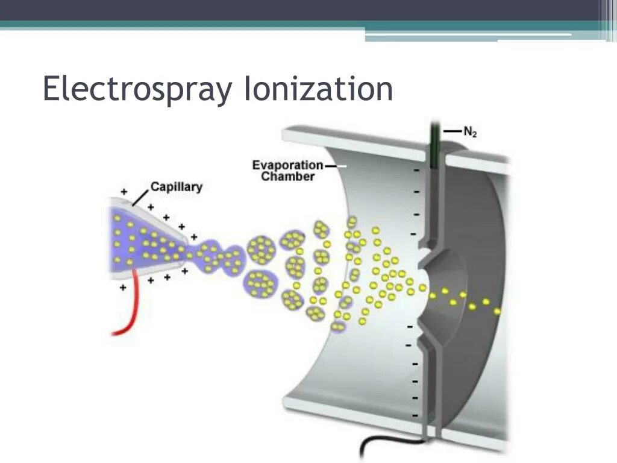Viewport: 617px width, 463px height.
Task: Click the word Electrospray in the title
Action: click(137, 89)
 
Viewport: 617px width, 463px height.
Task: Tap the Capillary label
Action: click(176, 187)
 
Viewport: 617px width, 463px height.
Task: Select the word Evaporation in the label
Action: click(287, 165)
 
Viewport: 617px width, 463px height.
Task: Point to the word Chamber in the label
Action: click(288, 177)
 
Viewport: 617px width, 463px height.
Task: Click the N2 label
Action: click(470, 132)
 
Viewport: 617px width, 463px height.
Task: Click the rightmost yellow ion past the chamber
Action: click(497, 311)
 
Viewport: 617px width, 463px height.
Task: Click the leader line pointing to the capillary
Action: click(140, 196)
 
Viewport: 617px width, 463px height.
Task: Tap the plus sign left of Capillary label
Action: click(124, 192)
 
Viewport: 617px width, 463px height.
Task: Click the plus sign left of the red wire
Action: click(123, 288)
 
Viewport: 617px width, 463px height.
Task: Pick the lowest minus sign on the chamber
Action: click(415, 416)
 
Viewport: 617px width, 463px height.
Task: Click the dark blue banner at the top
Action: click(301, 10)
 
